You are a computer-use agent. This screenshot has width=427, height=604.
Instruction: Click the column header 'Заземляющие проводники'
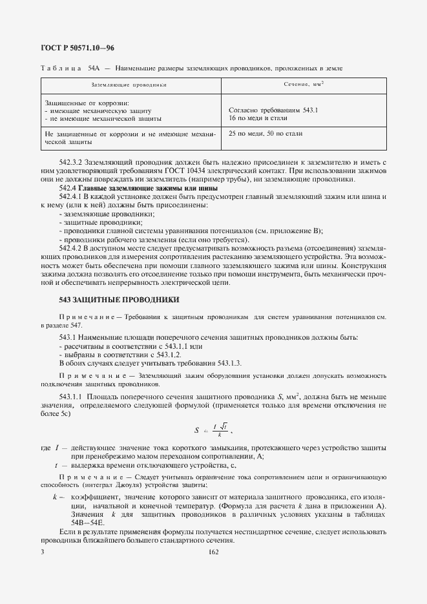[129, 85]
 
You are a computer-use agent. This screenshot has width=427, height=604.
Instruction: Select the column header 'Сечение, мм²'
[303, 85]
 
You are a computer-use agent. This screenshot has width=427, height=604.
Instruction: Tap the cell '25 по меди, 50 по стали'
[266, 134]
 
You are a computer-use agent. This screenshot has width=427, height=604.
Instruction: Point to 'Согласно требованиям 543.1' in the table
[273, 110]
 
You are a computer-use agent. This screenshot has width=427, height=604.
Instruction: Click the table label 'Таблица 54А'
[70, 68]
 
